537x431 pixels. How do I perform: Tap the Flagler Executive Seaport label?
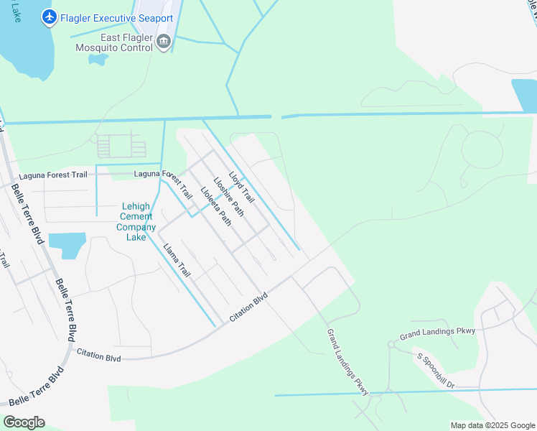tap(117, 18)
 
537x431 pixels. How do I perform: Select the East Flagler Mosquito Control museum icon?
tap(164, 42)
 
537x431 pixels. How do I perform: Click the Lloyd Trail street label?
tap(241, 185)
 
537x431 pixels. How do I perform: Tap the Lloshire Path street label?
tap(228, 196)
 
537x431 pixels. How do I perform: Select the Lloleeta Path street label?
tap(215, 206)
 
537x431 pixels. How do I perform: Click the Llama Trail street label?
tap(177, 261)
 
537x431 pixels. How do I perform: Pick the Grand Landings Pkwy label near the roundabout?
tap(438, 333)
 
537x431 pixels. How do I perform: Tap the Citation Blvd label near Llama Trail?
tap(248, 307)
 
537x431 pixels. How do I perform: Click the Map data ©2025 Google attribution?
tap(492, 425)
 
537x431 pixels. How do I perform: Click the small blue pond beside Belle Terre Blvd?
tap(66, 245)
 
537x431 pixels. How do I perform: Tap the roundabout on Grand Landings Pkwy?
tap(391, 344)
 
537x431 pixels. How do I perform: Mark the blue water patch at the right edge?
tap(523, 96)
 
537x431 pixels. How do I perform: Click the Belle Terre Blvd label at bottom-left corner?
tap(36, 387)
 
